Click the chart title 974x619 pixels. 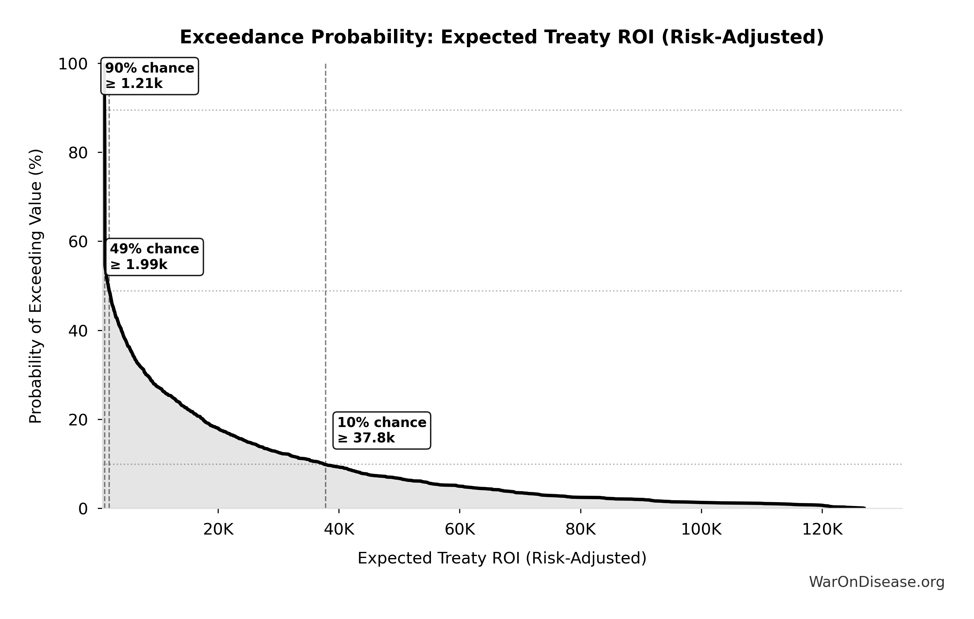click(x=502, y=37)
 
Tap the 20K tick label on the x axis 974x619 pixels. click(x=218, y=530)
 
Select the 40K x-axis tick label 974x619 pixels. click(x=339, y=530)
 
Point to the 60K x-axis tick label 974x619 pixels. click(x=460, y=530)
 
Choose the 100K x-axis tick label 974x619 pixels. click(x=701, y=530)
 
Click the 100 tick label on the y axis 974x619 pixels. click(x=73, y=64)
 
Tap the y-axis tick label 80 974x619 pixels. click(x=78, y=153)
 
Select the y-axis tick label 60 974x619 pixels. click(x=78, y=242)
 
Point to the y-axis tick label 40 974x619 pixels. click(x=78, y=331)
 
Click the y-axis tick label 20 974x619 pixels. click(x=78, y=420)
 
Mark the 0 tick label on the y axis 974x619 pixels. click(x=83, y=509)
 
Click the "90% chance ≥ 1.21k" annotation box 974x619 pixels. click(x=150, y=76)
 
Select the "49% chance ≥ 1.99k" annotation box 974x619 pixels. click(x=154, y=257)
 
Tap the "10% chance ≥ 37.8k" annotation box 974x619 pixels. click(x=382, y=430)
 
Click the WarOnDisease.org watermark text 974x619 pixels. click(x=876, y=582)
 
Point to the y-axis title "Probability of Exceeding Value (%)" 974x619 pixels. click(x=36, y=286)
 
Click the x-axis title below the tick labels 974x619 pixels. click(x=502, y=558)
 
